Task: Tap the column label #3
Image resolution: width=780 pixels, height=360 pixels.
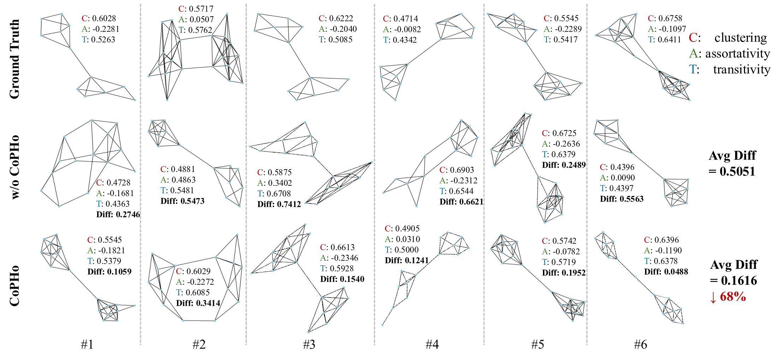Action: [309, 344]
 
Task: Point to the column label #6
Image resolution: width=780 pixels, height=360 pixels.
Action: [640, 344]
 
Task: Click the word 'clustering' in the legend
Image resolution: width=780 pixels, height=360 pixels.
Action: [740, 37]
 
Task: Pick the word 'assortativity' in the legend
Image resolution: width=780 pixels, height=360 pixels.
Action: [738, 53]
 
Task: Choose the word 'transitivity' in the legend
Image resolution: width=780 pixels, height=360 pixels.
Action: [741, 69]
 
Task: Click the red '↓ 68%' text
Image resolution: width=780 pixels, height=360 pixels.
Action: [728, 296]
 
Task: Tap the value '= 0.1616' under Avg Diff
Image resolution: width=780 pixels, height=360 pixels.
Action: [733, 281]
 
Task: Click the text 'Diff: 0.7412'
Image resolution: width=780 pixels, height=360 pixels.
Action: [279, 204]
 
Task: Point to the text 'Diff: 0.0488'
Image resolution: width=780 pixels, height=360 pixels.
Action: [666, 272]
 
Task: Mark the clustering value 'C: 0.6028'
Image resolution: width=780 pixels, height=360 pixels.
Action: [99, 18]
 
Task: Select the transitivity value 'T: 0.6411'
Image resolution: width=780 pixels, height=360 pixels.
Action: [664, 40]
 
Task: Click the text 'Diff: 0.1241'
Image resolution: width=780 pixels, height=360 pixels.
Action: [407, 260]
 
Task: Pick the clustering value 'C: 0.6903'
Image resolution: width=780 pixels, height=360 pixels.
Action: [456, 170]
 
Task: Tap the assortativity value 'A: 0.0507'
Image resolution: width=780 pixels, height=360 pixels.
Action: [196, 19]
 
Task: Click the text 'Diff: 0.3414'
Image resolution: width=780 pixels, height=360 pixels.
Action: [198, 303]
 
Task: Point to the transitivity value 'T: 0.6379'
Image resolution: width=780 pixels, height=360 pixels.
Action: [559, 154]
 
